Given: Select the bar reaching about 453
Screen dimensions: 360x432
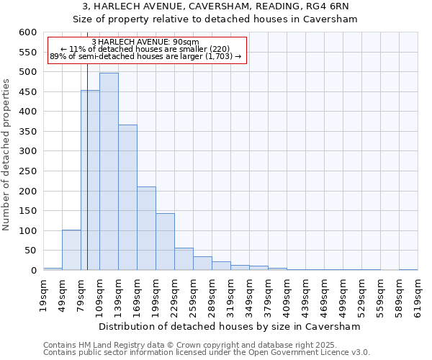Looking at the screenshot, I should pos(90,180).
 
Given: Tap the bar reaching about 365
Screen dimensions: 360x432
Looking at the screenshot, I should pos(127,197).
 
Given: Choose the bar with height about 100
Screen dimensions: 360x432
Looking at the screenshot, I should pos(71,250).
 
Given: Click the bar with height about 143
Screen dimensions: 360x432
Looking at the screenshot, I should pos(165,242).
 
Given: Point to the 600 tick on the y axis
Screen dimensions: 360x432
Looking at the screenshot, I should pos(27,32).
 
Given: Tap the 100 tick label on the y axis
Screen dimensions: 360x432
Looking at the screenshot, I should pos(27,231).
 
